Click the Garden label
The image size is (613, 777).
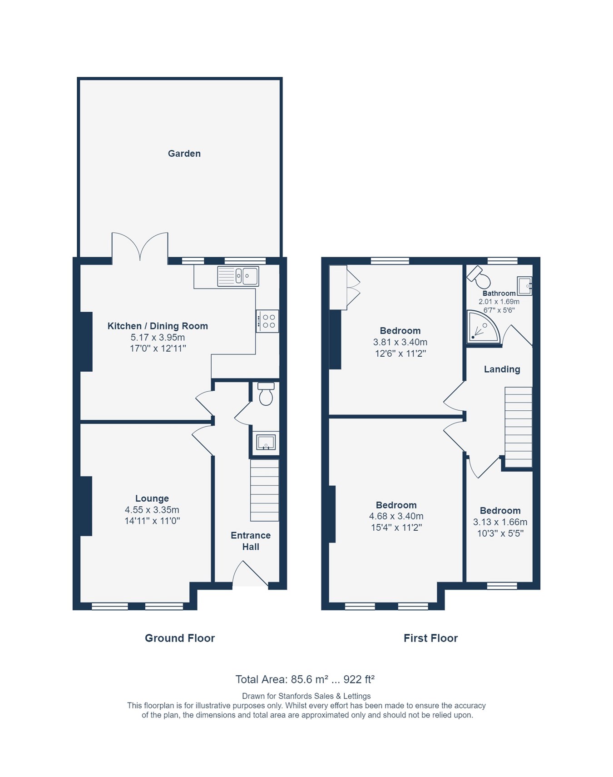[184, 154]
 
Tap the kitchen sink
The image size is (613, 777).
[238, 276]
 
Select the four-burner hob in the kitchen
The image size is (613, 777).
[267, 321]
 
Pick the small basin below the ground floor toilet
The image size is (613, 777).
[266, 442]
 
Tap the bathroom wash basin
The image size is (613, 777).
[524, 286]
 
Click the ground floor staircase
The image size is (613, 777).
[264, 490]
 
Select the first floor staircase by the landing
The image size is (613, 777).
[518, 427]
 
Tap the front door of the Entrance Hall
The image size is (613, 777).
[250, 576]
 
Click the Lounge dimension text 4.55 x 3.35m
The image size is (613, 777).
[152, 510]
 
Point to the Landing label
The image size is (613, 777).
[502, 369]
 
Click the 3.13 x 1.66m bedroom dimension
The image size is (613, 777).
[500, 522]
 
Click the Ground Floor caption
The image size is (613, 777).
[179, 638]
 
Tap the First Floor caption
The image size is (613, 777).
[430, 638]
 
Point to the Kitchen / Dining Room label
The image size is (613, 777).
[158, 326]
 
